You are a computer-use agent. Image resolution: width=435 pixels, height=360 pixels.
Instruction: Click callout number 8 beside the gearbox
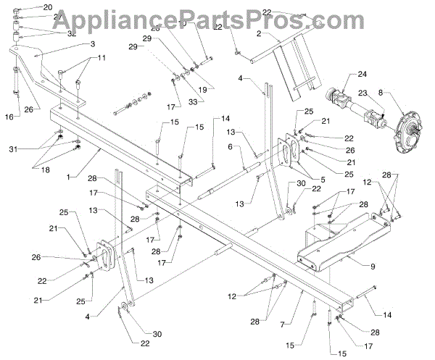(401, 93)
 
